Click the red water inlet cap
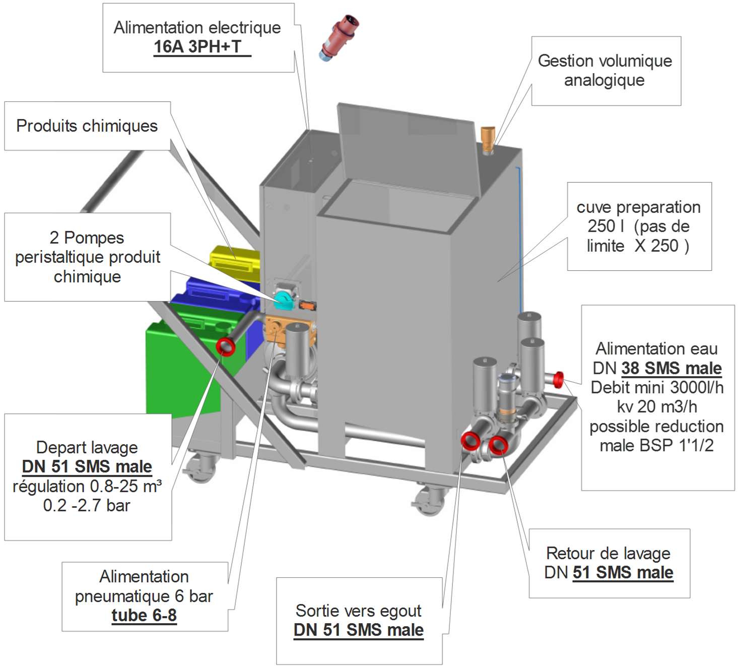[x=558, y=379]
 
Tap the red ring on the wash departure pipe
[x=226, y=346]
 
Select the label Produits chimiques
[x=87, y=126]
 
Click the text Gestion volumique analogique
[x=605, y=70]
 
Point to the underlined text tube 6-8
[x=144, y=616]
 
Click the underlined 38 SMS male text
[x=671, y=369]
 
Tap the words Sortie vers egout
[x=358, y=611]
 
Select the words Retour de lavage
[x=608, y=553]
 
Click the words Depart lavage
[x=87, y=447]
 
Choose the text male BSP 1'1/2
[x=656, y=446]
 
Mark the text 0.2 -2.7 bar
[x=87, y=505]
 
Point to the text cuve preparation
[x=638, y=207]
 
